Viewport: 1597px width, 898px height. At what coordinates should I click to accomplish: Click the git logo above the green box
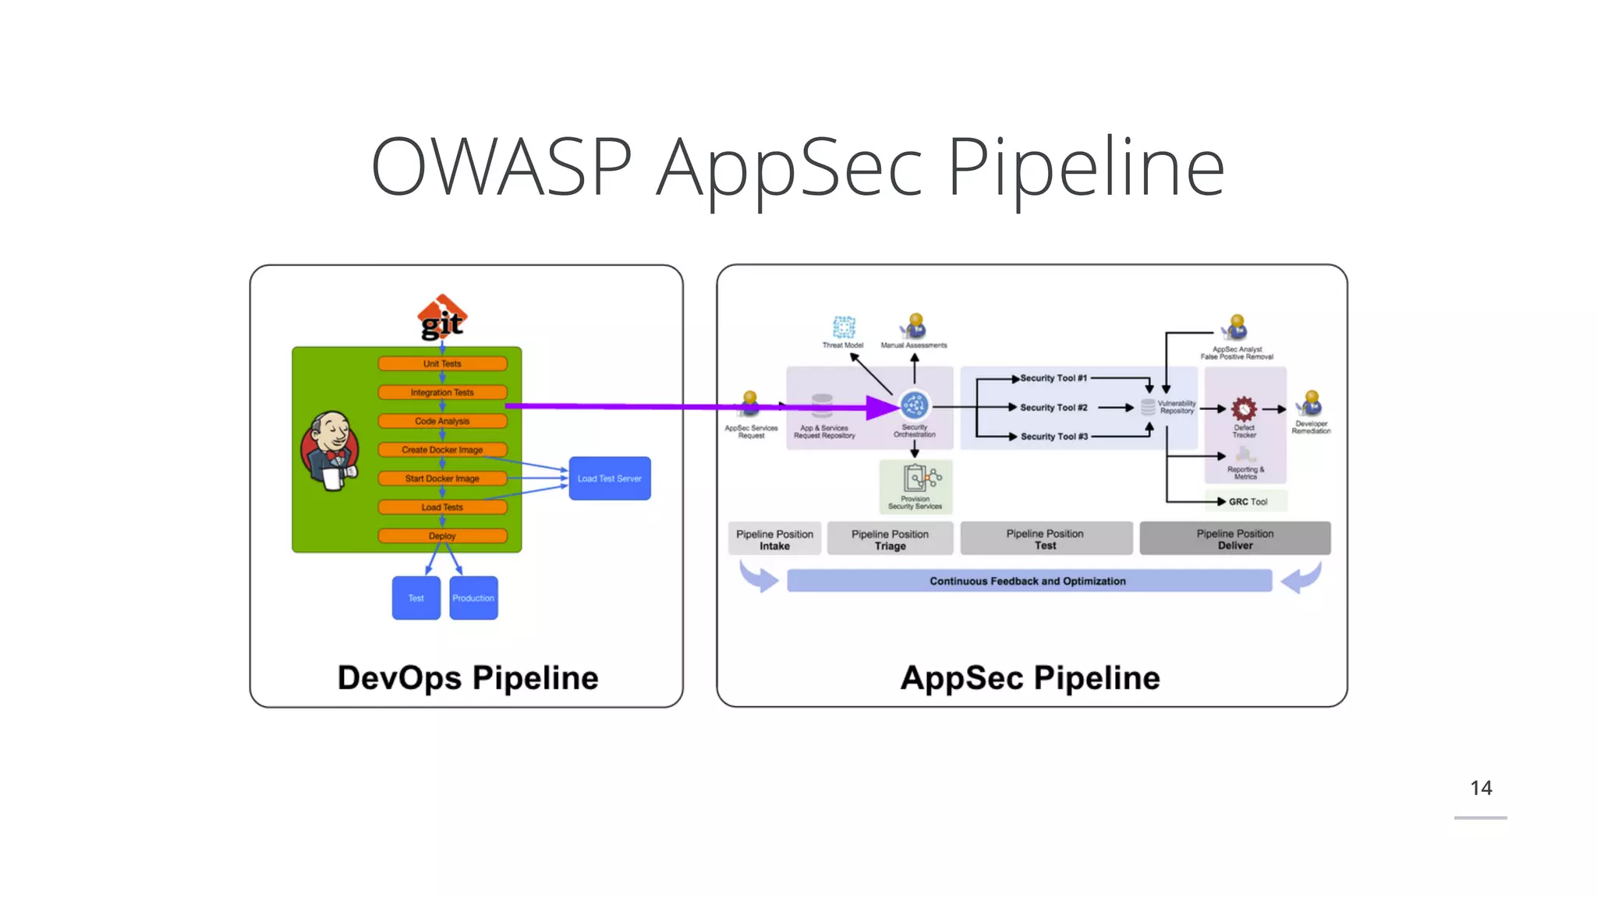(x=442, y=319)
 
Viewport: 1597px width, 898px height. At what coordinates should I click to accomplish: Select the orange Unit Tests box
(x=442, y=363)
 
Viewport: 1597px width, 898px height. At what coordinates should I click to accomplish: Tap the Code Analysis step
(x=442, y=421)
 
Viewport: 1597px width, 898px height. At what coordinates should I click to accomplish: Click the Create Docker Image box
(x=442, y=450)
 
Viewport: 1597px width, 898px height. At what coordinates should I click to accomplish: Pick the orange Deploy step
(x=442, y=536)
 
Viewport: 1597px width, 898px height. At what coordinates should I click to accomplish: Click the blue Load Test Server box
(x=609, y=478)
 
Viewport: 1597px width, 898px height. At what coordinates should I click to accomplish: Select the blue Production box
(x=473, y=598)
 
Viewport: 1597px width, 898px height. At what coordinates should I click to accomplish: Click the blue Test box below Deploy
(x=416, y=598)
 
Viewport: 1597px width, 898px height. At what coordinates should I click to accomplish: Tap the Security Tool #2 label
(x=1053, y=407)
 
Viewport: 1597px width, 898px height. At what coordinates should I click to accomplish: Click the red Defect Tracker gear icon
(x=1244, y=408)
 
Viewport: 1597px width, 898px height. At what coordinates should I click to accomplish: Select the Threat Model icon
(x=844, y=327)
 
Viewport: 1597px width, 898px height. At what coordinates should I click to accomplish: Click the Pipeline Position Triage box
(x=890, y=539)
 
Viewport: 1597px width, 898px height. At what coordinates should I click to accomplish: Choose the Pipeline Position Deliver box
(x=1234, y=539)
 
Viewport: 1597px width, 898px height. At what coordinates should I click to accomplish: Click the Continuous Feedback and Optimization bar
(x=1029, y=581)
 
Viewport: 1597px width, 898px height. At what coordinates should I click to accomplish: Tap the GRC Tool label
(x=1248, y=501)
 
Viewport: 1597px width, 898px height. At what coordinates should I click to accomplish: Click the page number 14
(x=1480, y=788)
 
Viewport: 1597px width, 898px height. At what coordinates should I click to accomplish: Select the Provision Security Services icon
(x=916, y=478)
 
